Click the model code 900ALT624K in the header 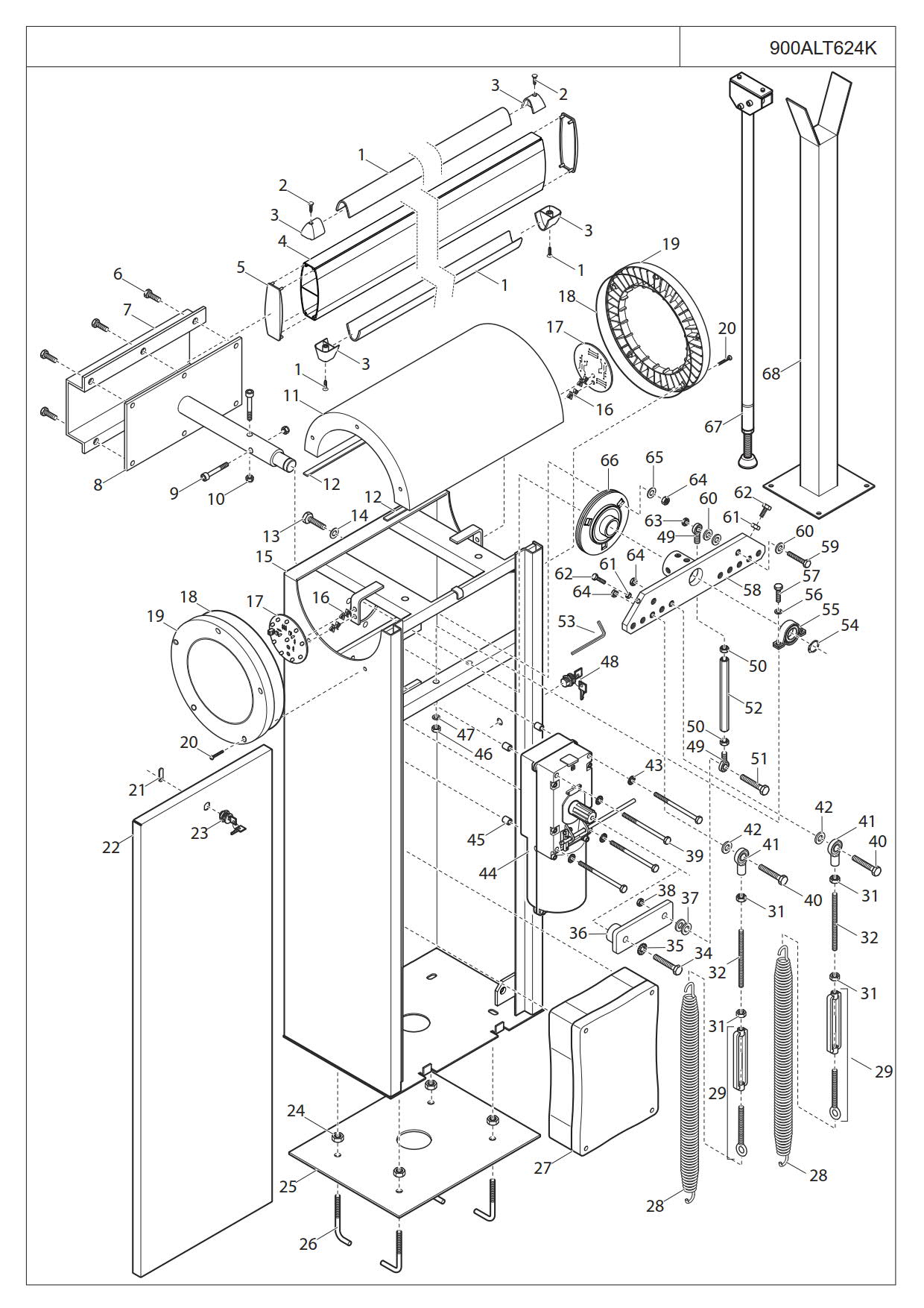tap(823, 48)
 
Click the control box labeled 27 tap(604, 1059)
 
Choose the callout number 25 tap(288, 1186)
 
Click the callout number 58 tap(752, 589)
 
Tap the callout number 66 tap(609, 460)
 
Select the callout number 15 tap(265, 557)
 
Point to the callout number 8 tap(98, 485)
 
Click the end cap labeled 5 tap(275, 310)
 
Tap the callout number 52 tap(754, 707)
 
